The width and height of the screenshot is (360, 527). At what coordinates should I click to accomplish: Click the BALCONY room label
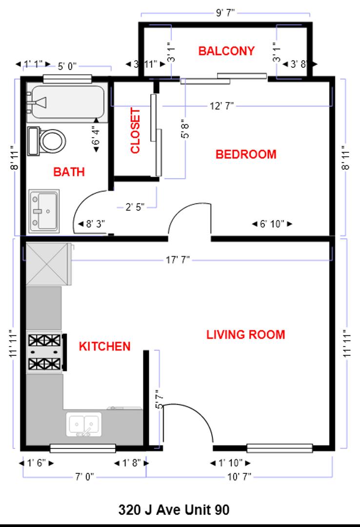point(226,51)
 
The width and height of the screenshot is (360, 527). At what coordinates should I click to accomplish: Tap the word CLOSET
point(135,130)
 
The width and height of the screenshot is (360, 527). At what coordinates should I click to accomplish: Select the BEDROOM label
point(246,154)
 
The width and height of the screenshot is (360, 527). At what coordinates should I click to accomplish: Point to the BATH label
point(69,172)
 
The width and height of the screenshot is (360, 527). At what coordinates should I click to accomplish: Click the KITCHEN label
point(104,346)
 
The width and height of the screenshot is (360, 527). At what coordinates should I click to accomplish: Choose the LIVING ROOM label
point(246,335)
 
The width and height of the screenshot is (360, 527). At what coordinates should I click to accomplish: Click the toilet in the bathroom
point(46,141)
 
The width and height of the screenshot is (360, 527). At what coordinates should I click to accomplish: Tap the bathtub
point(67,102)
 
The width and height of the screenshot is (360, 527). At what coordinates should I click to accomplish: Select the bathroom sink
point(44,211)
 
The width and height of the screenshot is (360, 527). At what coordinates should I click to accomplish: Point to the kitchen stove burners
point(44,352)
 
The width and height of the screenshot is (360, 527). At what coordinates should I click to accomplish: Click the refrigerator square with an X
point(48,264)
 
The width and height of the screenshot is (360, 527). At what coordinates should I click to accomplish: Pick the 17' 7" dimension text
point(178,260)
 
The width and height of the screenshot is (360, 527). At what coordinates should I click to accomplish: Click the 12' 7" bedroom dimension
point(221,106)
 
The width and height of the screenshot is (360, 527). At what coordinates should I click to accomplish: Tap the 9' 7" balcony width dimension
point(225,13)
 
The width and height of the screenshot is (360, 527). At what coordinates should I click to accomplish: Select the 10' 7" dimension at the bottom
point(239,477)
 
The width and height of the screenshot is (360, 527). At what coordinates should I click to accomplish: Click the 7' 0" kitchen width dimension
point(84,477)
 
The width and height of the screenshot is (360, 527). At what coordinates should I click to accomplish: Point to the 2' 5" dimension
point(135,207)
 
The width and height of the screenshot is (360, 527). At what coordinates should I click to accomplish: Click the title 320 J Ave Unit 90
point(174,510)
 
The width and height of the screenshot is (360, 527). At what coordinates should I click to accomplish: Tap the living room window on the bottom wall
point(280,448)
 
